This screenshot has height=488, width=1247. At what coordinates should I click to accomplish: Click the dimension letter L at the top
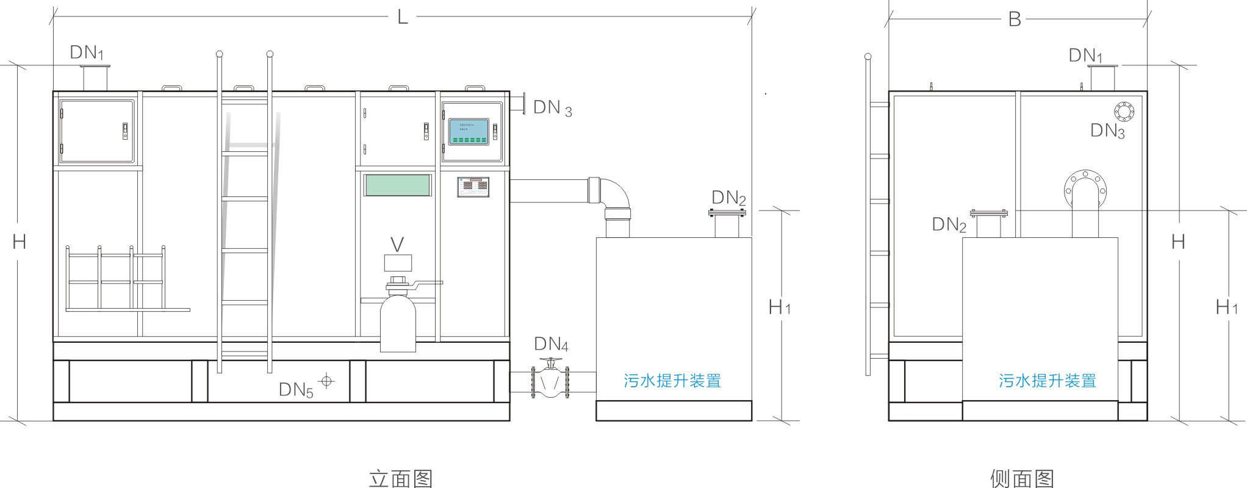tap(402, 16)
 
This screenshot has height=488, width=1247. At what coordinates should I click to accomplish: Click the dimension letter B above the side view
tap(1015, 19)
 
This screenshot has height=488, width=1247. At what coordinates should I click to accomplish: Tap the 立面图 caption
tap(401, 478)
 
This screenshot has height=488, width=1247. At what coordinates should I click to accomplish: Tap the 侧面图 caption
tap(1022, 478)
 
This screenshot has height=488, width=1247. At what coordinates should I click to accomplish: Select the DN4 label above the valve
tap(551, 345)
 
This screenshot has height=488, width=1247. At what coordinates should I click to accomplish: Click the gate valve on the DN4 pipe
tap(551, 381)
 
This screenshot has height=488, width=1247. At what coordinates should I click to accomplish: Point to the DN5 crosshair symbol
tap(328, 381)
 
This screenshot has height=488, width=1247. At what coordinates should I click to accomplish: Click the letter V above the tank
tap(397, 245)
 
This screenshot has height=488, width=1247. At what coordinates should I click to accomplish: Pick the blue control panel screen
tap(470, 132)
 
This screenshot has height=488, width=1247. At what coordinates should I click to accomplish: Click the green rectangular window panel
tap(397, 185)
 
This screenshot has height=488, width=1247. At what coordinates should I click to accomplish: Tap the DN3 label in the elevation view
tap(552, 108)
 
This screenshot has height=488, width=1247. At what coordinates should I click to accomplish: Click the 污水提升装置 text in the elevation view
tap(672, 381)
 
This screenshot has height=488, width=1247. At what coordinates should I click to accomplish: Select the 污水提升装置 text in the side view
tap(1048, 381)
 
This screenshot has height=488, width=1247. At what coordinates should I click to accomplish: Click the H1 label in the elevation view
tap(779, 307)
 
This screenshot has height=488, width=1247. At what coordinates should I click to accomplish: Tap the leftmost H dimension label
tap(19, 242)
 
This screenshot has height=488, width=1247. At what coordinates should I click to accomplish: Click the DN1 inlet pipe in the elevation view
tap(95, 77)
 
